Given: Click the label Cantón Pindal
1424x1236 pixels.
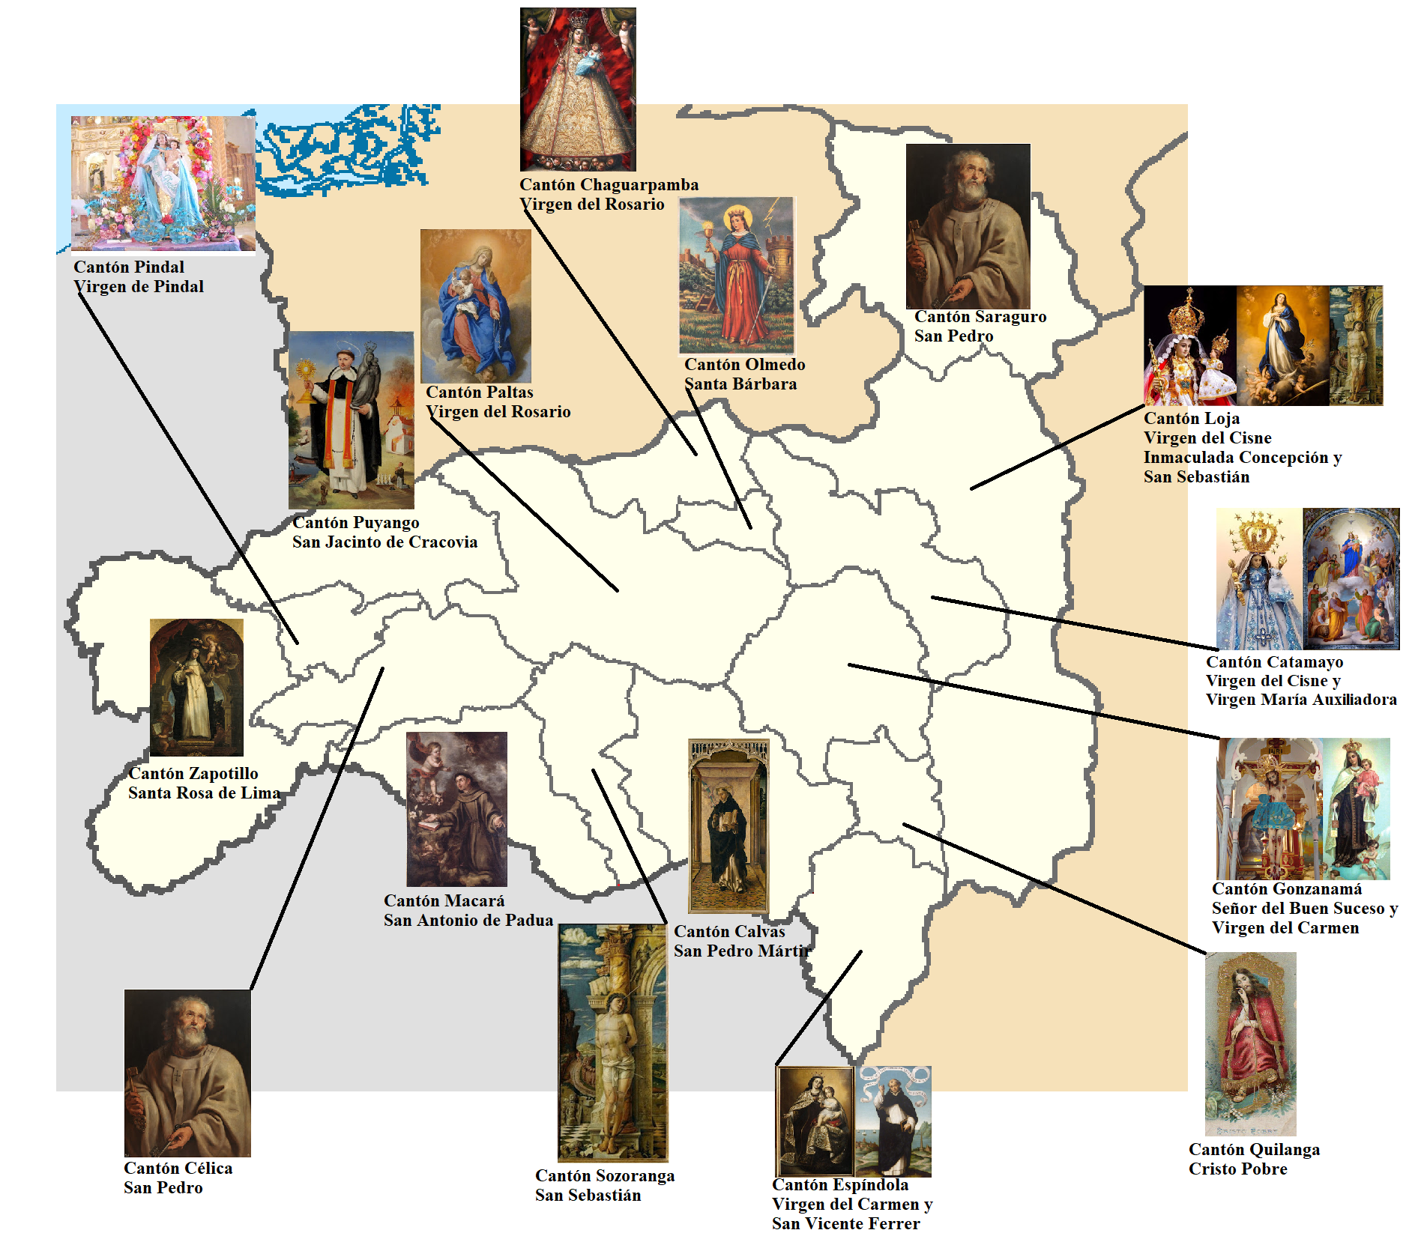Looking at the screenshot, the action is [129, 267].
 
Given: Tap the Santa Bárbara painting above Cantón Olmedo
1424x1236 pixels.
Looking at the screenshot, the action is [736, 276].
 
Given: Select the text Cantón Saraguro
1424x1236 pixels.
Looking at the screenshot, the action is [980, 317].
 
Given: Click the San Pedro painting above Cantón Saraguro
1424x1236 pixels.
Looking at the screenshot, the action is [968, 225].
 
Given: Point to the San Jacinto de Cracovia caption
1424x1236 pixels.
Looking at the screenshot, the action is [384, 542].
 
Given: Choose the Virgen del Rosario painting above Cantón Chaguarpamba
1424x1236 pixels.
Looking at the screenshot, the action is [578, 89].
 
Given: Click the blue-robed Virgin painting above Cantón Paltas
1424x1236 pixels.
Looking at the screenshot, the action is [475, 306].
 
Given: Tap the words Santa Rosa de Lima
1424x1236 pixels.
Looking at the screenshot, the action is [204, 793].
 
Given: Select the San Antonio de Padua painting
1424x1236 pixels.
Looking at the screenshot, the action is [456, 809].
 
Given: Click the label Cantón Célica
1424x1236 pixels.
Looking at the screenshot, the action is [178, 1169].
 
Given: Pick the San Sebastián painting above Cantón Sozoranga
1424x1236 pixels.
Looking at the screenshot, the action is [612, 1042].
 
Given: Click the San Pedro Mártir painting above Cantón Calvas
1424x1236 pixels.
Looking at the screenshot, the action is [728, 825].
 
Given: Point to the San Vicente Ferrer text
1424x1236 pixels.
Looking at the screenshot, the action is [845, 1223].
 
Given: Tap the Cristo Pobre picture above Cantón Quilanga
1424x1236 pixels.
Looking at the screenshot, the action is [1250, 1043].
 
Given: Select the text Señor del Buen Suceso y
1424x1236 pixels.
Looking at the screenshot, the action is [1305, 909].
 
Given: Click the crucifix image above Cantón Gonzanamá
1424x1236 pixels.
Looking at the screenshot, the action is [1270, 809].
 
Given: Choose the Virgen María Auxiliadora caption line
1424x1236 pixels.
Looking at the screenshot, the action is [1301, 700].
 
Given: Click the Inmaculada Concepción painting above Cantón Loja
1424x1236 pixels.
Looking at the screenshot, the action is [1282, 345].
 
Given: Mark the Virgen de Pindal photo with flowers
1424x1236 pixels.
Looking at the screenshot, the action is [163, 184].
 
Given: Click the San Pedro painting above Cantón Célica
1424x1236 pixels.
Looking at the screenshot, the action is [187, 1073].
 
